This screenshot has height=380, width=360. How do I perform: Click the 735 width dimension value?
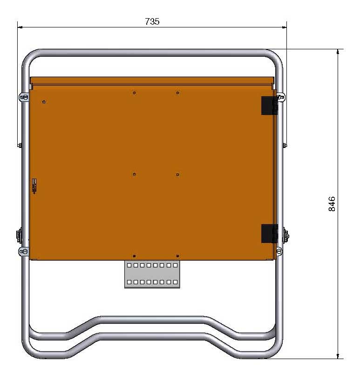pyautogui.click(x=152, y=21)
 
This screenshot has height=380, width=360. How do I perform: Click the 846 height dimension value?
pyautogui.click(x=332, y=204)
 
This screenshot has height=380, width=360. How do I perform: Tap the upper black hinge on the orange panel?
pyautogui.click(x=269, y=106)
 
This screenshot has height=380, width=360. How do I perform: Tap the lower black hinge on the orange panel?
pyautogui.click(x=269, y=233)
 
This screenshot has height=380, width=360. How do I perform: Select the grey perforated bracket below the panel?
pyautogui.click(x=152, y=274)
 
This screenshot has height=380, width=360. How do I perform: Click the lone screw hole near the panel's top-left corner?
pyautogui.click(x=44, y=102)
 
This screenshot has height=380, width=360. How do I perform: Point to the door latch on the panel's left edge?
pyautogui.click(x=34, y=186)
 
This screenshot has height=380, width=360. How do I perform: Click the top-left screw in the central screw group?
pyautogui.click(x=134, y=93)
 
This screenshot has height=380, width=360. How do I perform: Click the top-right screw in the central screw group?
pyautogui.click(x=177, y=93)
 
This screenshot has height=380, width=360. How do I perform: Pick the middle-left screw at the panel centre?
pyautogui.click(x=134, y=174)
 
